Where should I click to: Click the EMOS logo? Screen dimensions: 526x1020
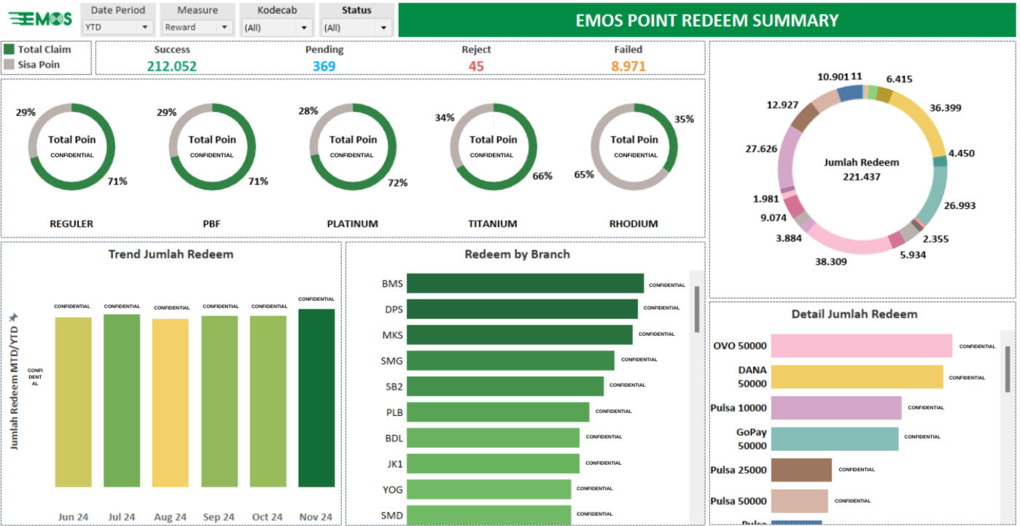(x=41, y=19)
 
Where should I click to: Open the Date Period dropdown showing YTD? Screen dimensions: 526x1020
(x=117, y=27)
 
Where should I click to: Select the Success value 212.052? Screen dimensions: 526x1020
(x=171, y=66)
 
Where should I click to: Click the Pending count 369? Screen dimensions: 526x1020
(x=324, y=66)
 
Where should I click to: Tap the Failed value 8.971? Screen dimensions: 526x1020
(x=628, y=66)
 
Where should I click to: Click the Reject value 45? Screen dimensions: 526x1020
(x=476, y=66)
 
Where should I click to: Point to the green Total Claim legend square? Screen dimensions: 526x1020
(x=9, y=50)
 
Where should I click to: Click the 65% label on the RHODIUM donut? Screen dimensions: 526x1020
(x=583, y=175)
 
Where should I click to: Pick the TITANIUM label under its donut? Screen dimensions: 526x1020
(x=492, y=224)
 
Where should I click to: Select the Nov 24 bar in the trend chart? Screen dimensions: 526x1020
(x=316, y=397)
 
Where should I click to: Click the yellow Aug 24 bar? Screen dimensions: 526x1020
(x=170, y=402)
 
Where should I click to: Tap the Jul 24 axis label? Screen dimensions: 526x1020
(x=121, y=517)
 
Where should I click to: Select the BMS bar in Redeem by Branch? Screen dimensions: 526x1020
(x=525, y=283)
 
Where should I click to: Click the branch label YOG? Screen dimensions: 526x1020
(x=392, y=489)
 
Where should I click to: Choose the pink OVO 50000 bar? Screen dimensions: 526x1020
(x=861, y=346)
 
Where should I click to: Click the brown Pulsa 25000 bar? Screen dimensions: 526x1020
(x=801, y=470)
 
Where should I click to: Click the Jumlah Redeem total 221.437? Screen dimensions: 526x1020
(x=861, y=176)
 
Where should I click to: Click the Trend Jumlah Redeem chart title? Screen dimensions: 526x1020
(x=171, y=254)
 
